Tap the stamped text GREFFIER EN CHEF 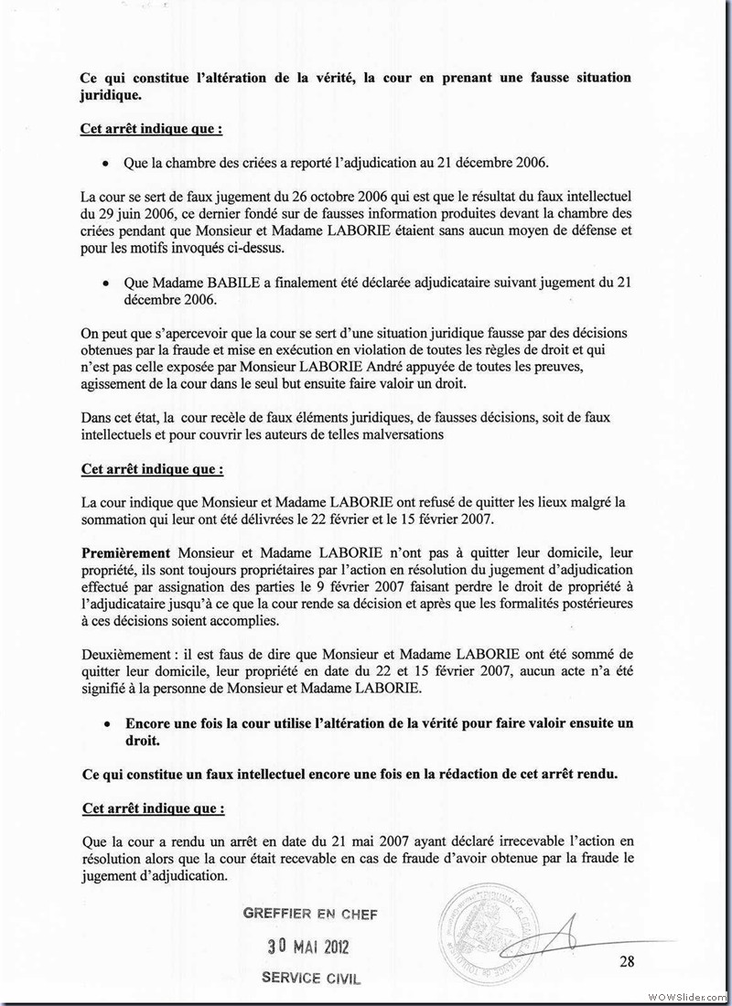click(x=309, y=914)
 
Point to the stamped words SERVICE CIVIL click(x=311, y=977)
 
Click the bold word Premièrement click(x=126, y=554)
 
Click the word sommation click(x=116, y=519)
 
